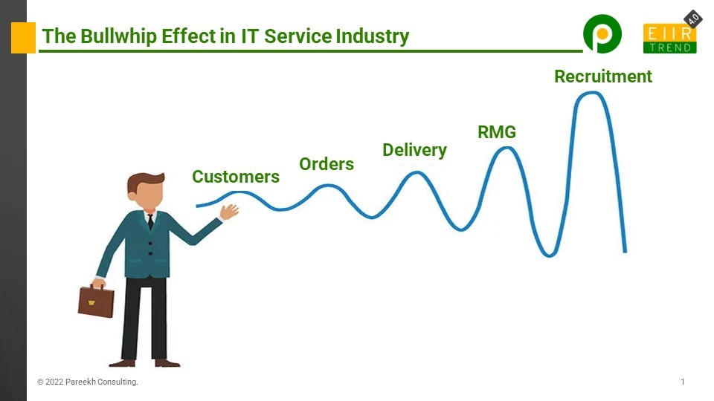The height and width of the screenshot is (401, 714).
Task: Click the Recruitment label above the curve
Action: click(602, 76)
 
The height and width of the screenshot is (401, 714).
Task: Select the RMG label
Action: click(496, 133)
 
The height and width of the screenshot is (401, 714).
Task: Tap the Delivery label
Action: click(414, 150)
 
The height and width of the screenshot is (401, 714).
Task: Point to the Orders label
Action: click(327, 164)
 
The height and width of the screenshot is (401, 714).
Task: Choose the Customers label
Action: click(236, 177)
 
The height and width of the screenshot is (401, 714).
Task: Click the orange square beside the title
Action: click(23, 38)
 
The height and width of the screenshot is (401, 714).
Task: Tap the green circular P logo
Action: click(602, 35)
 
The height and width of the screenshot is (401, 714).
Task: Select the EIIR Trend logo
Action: click(669, 39)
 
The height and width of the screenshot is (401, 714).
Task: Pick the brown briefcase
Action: click(96, 301)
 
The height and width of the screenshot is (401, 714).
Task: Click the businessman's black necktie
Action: click(150, 221)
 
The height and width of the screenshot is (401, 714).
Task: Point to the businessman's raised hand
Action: click(230, 212)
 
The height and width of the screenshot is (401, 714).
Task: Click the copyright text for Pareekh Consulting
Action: click(88, 382)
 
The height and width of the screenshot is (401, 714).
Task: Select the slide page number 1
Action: click(682, 382)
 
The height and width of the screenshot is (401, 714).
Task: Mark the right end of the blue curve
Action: click(625, 250)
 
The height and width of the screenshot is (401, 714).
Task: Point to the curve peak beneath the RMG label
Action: click(506, 148)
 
